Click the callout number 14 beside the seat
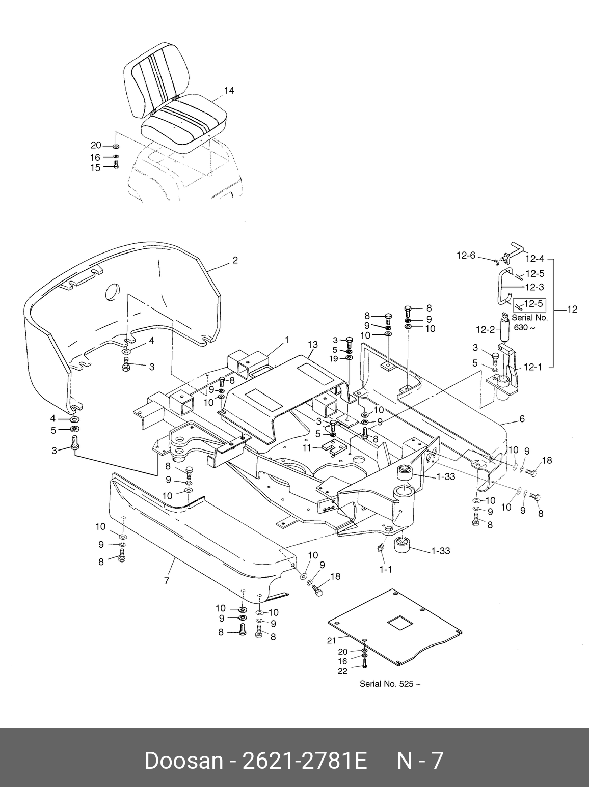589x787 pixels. pyautogui.click(x=229, y=91)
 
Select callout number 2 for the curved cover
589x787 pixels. pyautogui.click(x=235, y=260)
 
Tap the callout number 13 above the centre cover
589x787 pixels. pyautogui.click(x=312, y=345)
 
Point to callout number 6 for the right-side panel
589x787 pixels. pyautogui.click(x=521, y=419)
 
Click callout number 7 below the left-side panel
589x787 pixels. pyautogui.click(x=167, y=580)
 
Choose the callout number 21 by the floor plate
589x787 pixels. pyautogui.click(x=332, y=641)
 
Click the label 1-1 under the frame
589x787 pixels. pyautogui.click(x=386, y=569)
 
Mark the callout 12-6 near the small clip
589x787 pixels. pyautogui.click(x=466, y=256)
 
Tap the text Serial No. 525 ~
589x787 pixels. pyautogui.click(x=390, y=684)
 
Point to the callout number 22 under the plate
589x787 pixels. pyautogui.click(x=342, y=671)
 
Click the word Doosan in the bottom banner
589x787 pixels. pyautogui.click(x=183, y=761)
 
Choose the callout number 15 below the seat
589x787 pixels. pyautogui.click(x=95, y=167)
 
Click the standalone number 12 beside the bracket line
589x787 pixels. pyautogui.click(x=572, y=310)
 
